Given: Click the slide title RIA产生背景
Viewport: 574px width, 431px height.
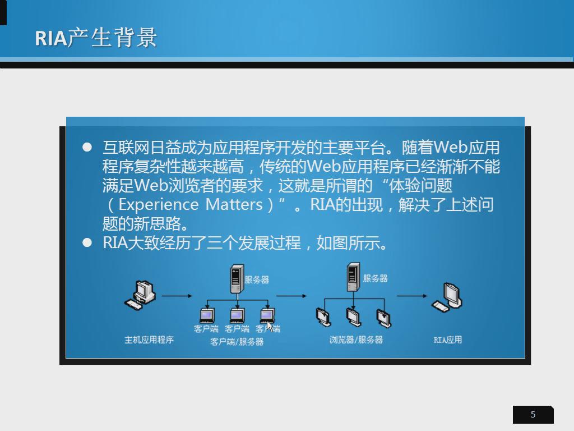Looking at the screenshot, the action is click(x=96, y=38).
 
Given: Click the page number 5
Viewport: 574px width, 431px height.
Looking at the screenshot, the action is click(x=533, y=415).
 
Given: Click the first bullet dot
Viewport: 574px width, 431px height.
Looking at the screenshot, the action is click(x=87, y=148).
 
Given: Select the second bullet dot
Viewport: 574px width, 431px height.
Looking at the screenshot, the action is click(x=87, y=242).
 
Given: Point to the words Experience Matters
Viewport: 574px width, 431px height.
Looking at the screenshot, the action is click(x=191, y=204).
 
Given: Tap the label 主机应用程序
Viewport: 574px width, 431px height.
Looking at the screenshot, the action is click(x=149, y=340).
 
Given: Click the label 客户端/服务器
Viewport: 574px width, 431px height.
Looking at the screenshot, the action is click(x=237, y=342).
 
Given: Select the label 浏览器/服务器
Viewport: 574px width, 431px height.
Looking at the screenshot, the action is click(x=356, y=340).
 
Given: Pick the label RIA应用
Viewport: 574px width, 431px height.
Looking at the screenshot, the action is click(x=447, y=340).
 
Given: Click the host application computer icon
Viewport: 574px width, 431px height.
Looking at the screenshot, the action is click(x=140, y=295).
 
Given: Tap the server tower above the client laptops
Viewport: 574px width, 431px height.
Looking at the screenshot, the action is click(x=237, y=279).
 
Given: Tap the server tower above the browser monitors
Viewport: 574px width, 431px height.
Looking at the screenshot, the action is click(x=353, y=277).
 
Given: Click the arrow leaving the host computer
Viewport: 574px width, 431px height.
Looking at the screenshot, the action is click(x=177, y=296).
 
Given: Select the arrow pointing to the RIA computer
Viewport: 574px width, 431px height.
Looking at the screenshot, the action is click(x=412, y=296).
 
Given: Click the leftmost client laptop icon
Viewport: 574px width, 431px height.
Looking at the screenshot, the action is click(x=207, y=315).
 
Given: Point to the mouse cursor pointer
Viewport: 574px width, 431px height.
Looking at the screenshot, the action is click(x=270, y=326).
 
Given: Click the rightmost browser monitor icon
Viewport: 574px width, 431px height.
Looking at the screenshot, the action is click(x=383, y=318).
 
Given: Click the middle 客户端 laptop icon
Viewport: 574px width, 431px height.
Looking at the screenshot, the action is click(x=238, y=315).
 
